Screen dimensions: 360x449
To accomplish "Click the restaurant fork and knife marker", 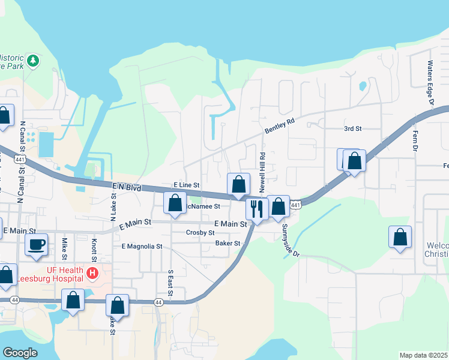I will coord(257,209).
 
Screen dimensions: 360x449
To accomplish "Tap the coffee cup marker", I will coord(36,245).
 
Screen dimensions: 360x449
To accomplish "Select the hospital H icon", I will coord(92,274).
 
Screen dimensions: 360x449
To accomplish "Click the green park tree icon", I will coord(34,61).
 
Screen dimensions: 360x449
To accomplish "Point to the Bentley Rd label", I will coord(280,126).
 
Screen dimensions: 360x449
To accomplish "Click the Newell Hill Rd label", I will coord(262,172).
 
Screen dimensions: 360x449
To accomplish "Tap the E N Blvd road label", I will coord(126,187).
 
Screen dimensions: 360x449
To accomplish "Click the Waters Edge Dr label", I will coord(430,82).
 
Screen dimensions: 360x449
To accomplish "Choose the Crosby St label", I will coord(200,232).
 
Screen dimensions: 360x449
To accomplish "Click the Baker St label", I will coord(228,243).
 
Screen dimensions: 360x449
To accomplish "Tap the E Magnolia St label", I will coord(142,246).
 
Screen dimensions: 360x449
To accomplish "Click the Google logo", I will coord(20,352).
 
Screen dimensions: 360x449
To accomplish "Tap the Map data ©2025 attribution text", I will coord(423,355).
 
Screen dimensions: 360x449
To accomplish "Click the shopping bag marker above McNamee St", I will coord(175,203).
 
